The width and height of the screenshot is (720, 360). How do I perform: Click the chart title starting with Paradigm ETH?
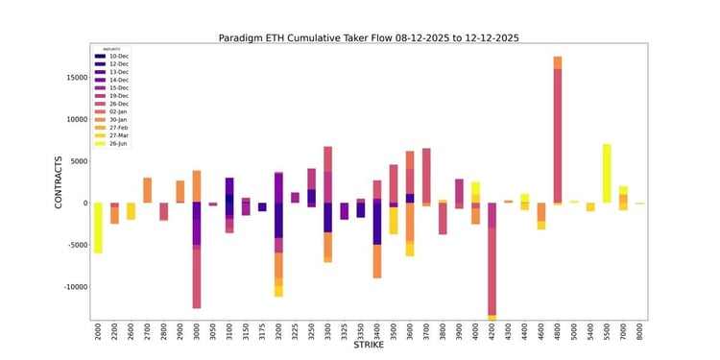point(370,36)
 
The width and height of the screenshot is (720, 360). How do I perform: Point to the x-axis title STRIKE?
point(370,350)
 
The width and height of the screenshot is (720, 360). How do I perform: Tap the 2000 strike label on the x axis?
point(98,332)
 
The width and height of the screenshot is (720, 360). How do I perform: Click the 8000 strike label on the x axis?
point(639,332)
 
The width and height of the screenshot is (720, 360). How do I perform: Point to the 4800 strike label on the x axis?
point(557,332)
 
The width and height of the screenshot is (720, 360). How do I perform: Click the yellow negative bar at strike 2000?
point(98,228)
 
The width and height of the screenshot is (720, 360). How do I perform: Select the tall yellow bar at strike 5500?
point(607,173)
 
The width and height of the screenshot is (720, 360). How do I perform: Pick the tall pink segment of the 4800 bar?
point(557,134)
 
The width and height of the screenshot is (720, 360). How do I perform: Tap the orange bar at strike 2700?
point(148,190)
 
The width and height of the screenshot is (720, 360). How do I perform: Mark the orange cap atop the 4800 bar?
point(557,62)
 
